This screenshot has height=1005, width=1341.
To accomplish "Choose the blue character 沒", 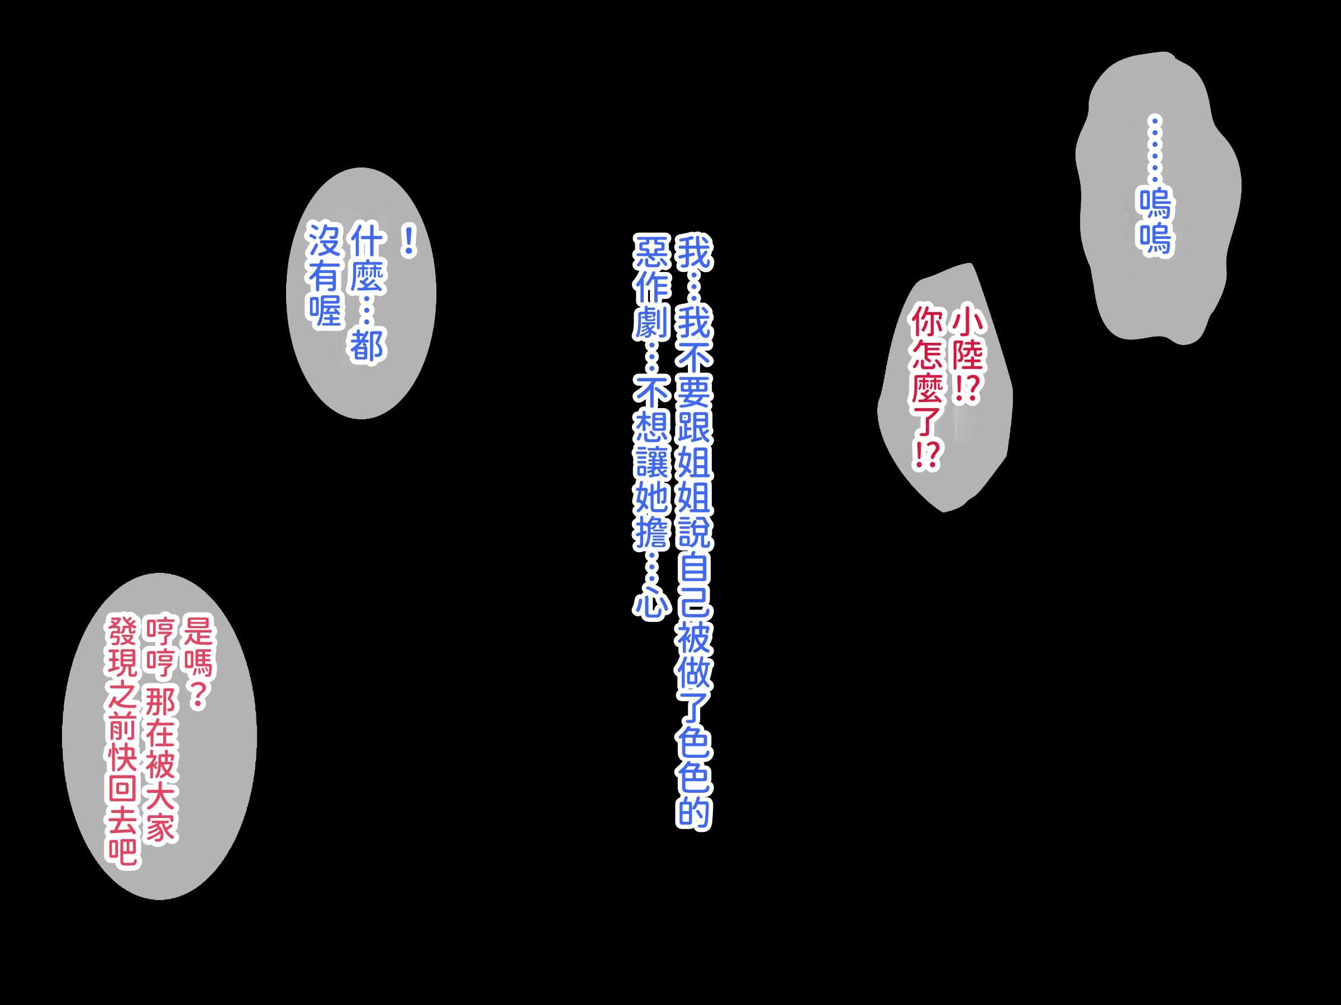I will click(x=326, y=240).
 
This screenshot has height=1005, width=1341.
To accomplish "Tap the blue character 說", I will click(x=695, y=533).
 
